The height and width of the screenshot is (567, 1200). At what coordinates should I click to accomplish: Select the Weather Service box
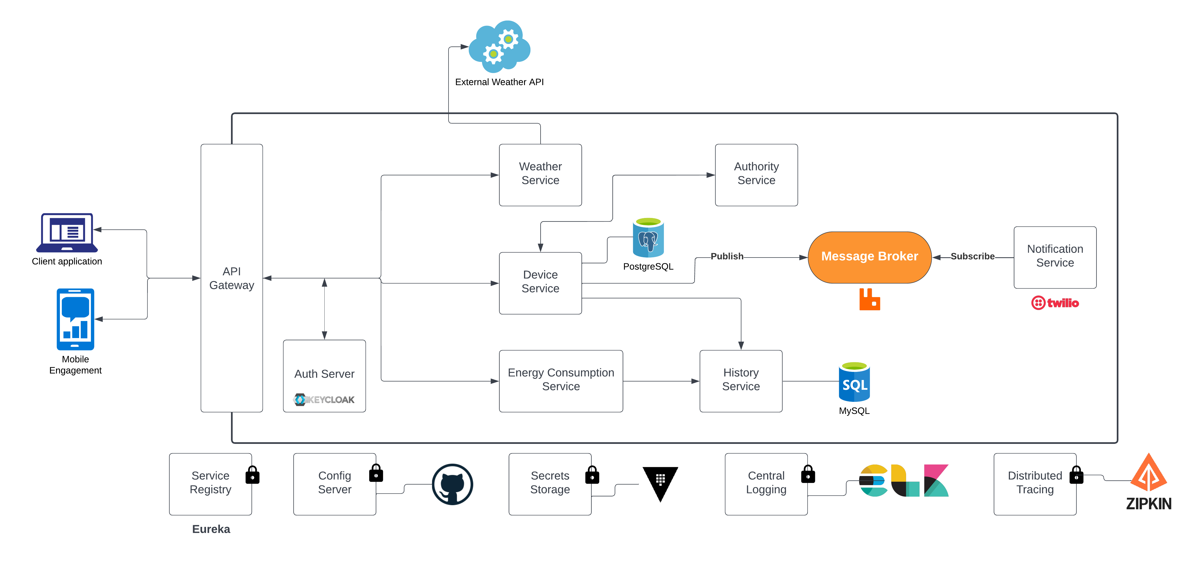pos(540,175)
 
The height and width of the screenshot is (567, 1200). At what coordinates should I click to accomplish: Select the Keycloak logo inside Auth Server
pos(324,400)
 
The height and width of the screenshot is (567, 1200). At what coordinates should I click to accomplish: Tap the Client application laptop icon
pos(67,233)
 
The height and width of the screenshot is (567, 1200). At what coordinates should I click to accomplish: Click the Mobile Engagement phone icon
pos(75,319)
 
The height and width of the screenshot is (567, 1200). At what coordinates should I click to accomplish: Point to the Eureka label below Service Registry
pos(211,529)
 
